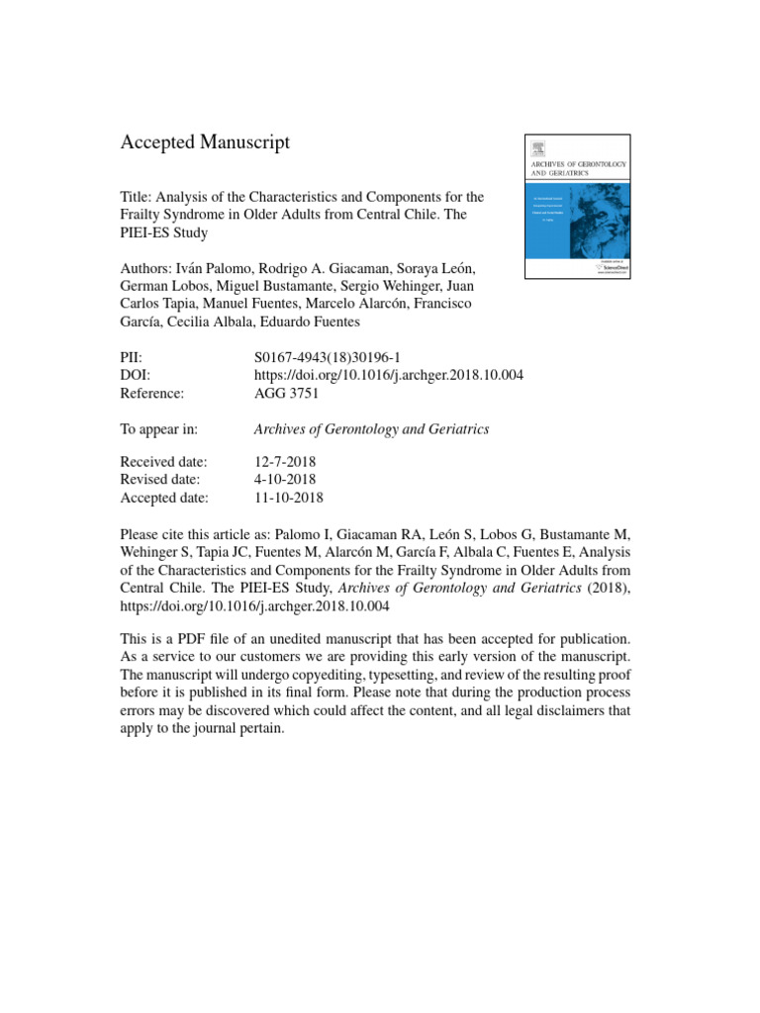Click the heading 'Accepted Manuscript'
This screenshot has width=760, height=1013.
205,142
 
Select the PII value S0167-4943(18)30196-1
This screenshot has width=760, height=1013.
326,356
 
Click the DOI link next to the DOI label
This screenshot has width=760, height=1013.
389,375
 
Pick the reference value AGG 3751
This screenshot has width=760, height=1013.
287,393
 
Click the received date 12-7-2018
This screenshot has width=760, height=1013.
286,462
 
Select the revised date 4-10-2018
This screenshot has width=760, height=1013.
286,480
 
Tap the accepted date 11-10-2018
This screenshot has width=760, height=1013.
289,498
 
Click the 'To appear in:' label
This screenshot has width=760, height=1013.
159,428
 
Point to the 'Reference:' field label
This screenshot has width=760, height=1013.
152,393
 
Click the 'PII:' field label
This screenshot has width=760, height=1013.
132,356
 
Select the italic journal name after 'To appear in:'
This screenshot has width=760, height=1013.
372,428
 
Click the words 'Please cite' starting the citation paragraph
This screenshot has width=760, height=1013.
153,535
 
